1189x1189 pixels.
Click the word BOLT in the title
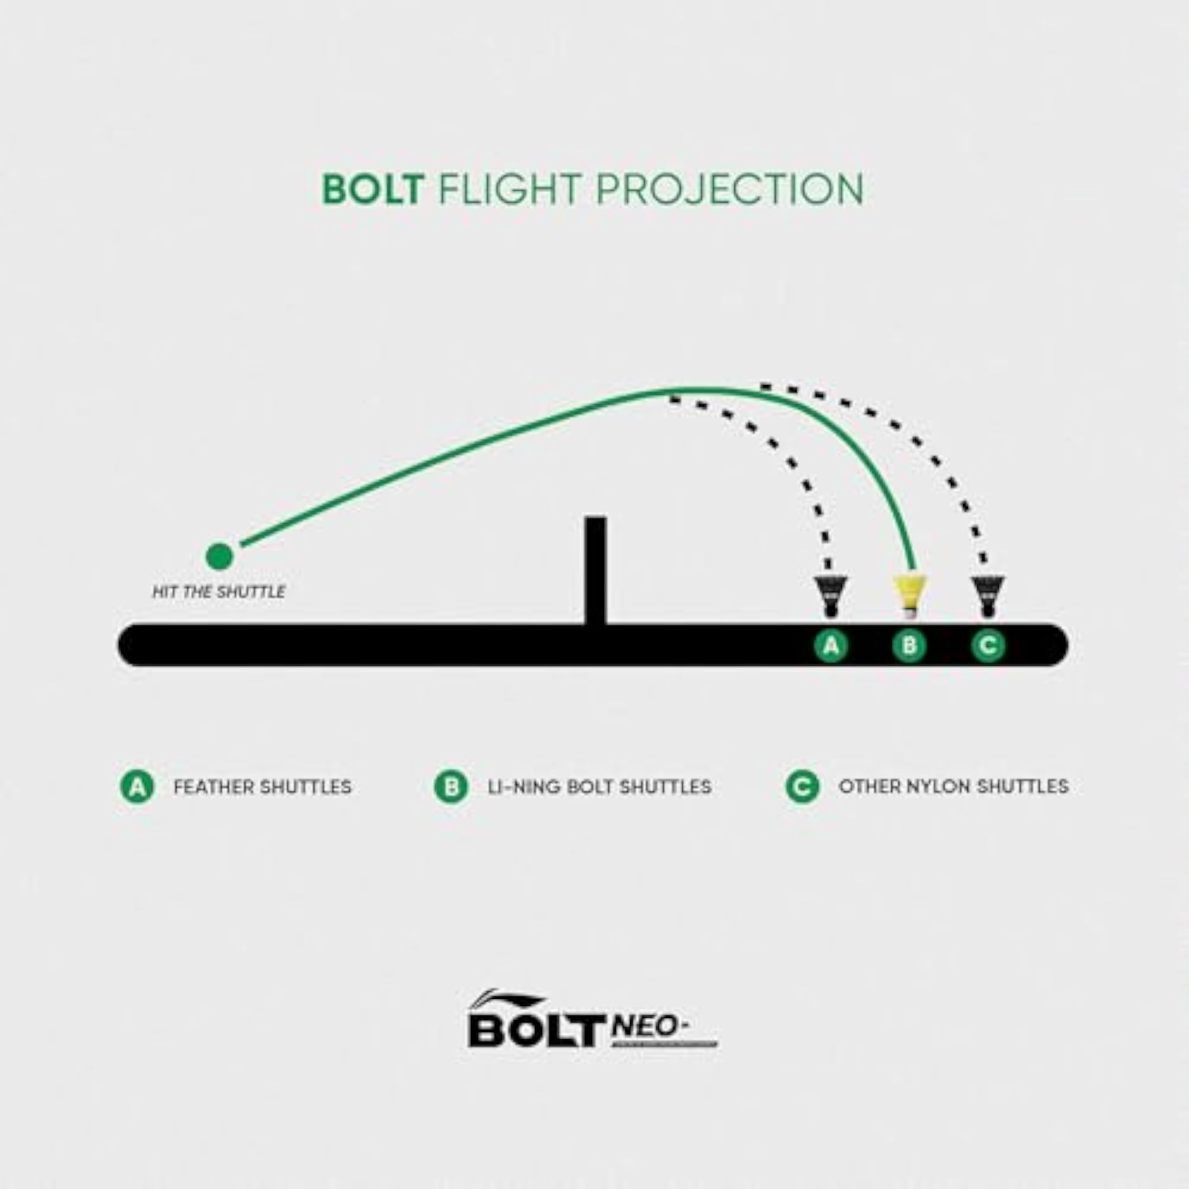[373, 189]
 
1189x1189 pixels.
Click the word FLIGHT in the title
[509, 189]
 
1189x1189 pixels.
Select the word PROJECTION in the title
[730, 189]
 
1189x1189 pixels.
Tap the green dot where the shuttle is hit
[219, 556]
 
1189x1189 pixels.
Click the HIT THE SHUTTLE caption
[218, 592]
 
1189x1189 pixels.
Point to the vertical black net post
[596, 571]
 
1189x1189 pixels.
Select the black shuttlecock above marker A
[831, 596]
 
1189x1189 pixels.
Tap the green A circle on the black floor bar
[832, 646]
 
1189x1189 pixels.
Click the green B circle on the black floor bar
[910, 646]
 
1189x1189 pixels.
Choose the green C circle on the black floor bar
[989, 646]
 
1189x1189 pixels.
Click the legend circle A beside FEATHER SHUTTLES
[137, 787]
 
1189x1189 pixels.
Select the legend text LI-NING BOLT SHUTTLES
[599, 787]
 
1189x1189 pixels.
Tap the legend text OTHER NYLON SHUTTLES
[954, 787]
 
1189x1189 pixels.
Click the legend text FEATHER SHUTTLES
[262, 787]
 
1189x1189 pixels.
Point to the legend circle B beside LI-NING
[451, 787]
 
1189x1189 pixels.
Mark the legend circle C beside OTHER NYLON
[802, 787]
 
